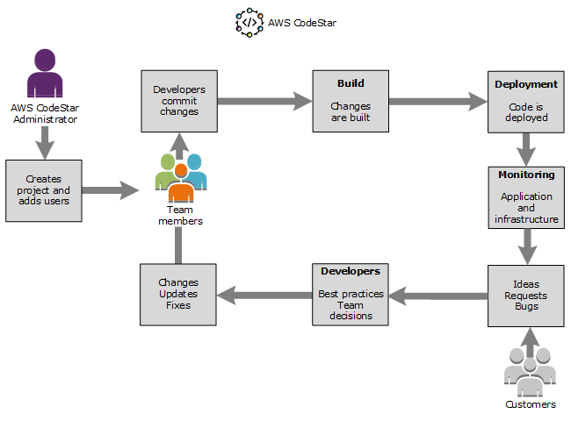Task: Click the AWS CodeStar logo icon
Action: coord(249,22)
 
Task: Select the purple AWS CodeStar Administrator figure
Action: coord(45,75)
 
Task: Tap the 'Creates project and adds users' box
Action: coord(44,190)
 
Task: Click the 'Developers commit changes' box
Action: coord(179,101)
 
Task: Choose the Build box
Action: coord(351,101)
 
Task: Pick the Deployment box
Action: coord(526,101)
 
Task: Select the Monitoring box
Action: coord(526,197)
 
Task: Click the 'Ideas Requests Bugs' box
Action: coord(526,296)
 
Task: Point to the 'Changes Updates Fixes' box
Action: coord(178,295)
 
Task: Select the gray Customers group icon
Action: coord(530,373)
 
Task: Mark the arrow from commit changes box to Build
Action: coord(264,102)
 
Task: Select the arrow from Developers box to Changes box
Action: coord(264,296)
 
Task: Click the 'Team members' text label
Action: coord(180,215)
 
